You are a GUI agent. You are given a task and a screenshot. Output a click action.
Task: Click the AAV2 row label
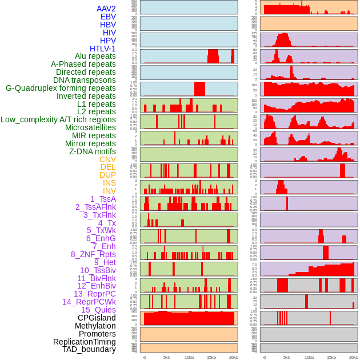tap(106, 9)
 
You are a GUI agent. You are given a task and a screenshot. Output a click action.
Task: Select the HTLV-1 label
tap(102, 49)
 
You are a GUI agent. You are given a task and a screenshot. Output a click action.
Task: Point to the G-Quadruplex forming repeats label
tap(61, 88)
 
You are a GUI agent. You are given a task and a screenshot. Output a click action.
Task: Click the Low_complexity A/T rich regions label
tap(58, 119)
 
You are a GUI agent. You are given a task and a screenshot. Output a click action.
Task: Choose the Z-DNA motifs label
tap(92, 151)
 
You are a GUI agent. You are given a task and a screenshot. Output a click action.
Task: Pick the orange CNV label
tap(107, 159)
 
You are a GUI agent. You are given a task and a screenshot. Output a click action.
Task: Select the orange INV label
tap(109, 191)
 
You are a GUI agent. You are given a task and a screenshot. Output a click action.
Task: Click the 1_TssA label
tap(103, 199)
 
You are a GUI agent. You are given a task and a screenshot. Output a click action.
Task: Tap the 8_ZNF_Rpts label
tap(93, 254)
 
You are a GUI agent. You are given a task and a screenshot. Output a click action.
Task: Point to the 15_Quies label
tap(98, 310)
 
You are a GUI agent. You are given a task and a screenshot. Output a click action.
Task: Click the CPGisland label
tap(97, 318)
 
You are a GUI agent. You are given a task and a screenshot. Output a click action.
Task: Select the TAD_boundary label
tap(89, 349)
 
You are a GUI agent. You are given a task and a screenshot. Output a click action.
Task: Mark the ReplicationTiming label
tap(85, 342)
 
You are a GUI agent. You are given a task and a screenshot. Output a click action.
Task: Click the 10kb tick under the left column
tap(189, 357)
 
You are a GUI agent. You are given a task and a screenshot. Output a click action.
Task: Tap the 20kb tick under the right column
tap(353, 357)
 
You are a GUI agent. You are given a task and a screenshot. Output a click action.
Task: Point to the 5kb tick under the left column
tap(167, 357)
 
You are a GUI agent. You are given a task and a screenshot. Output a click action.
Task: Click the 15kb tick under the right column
tap(331, 357)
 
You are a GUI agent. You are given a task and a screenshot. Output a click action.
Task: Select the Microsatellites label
tap(90, 127)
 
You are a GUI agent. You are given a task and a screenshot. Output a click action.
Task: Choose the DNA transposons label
tap(85, 80)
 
